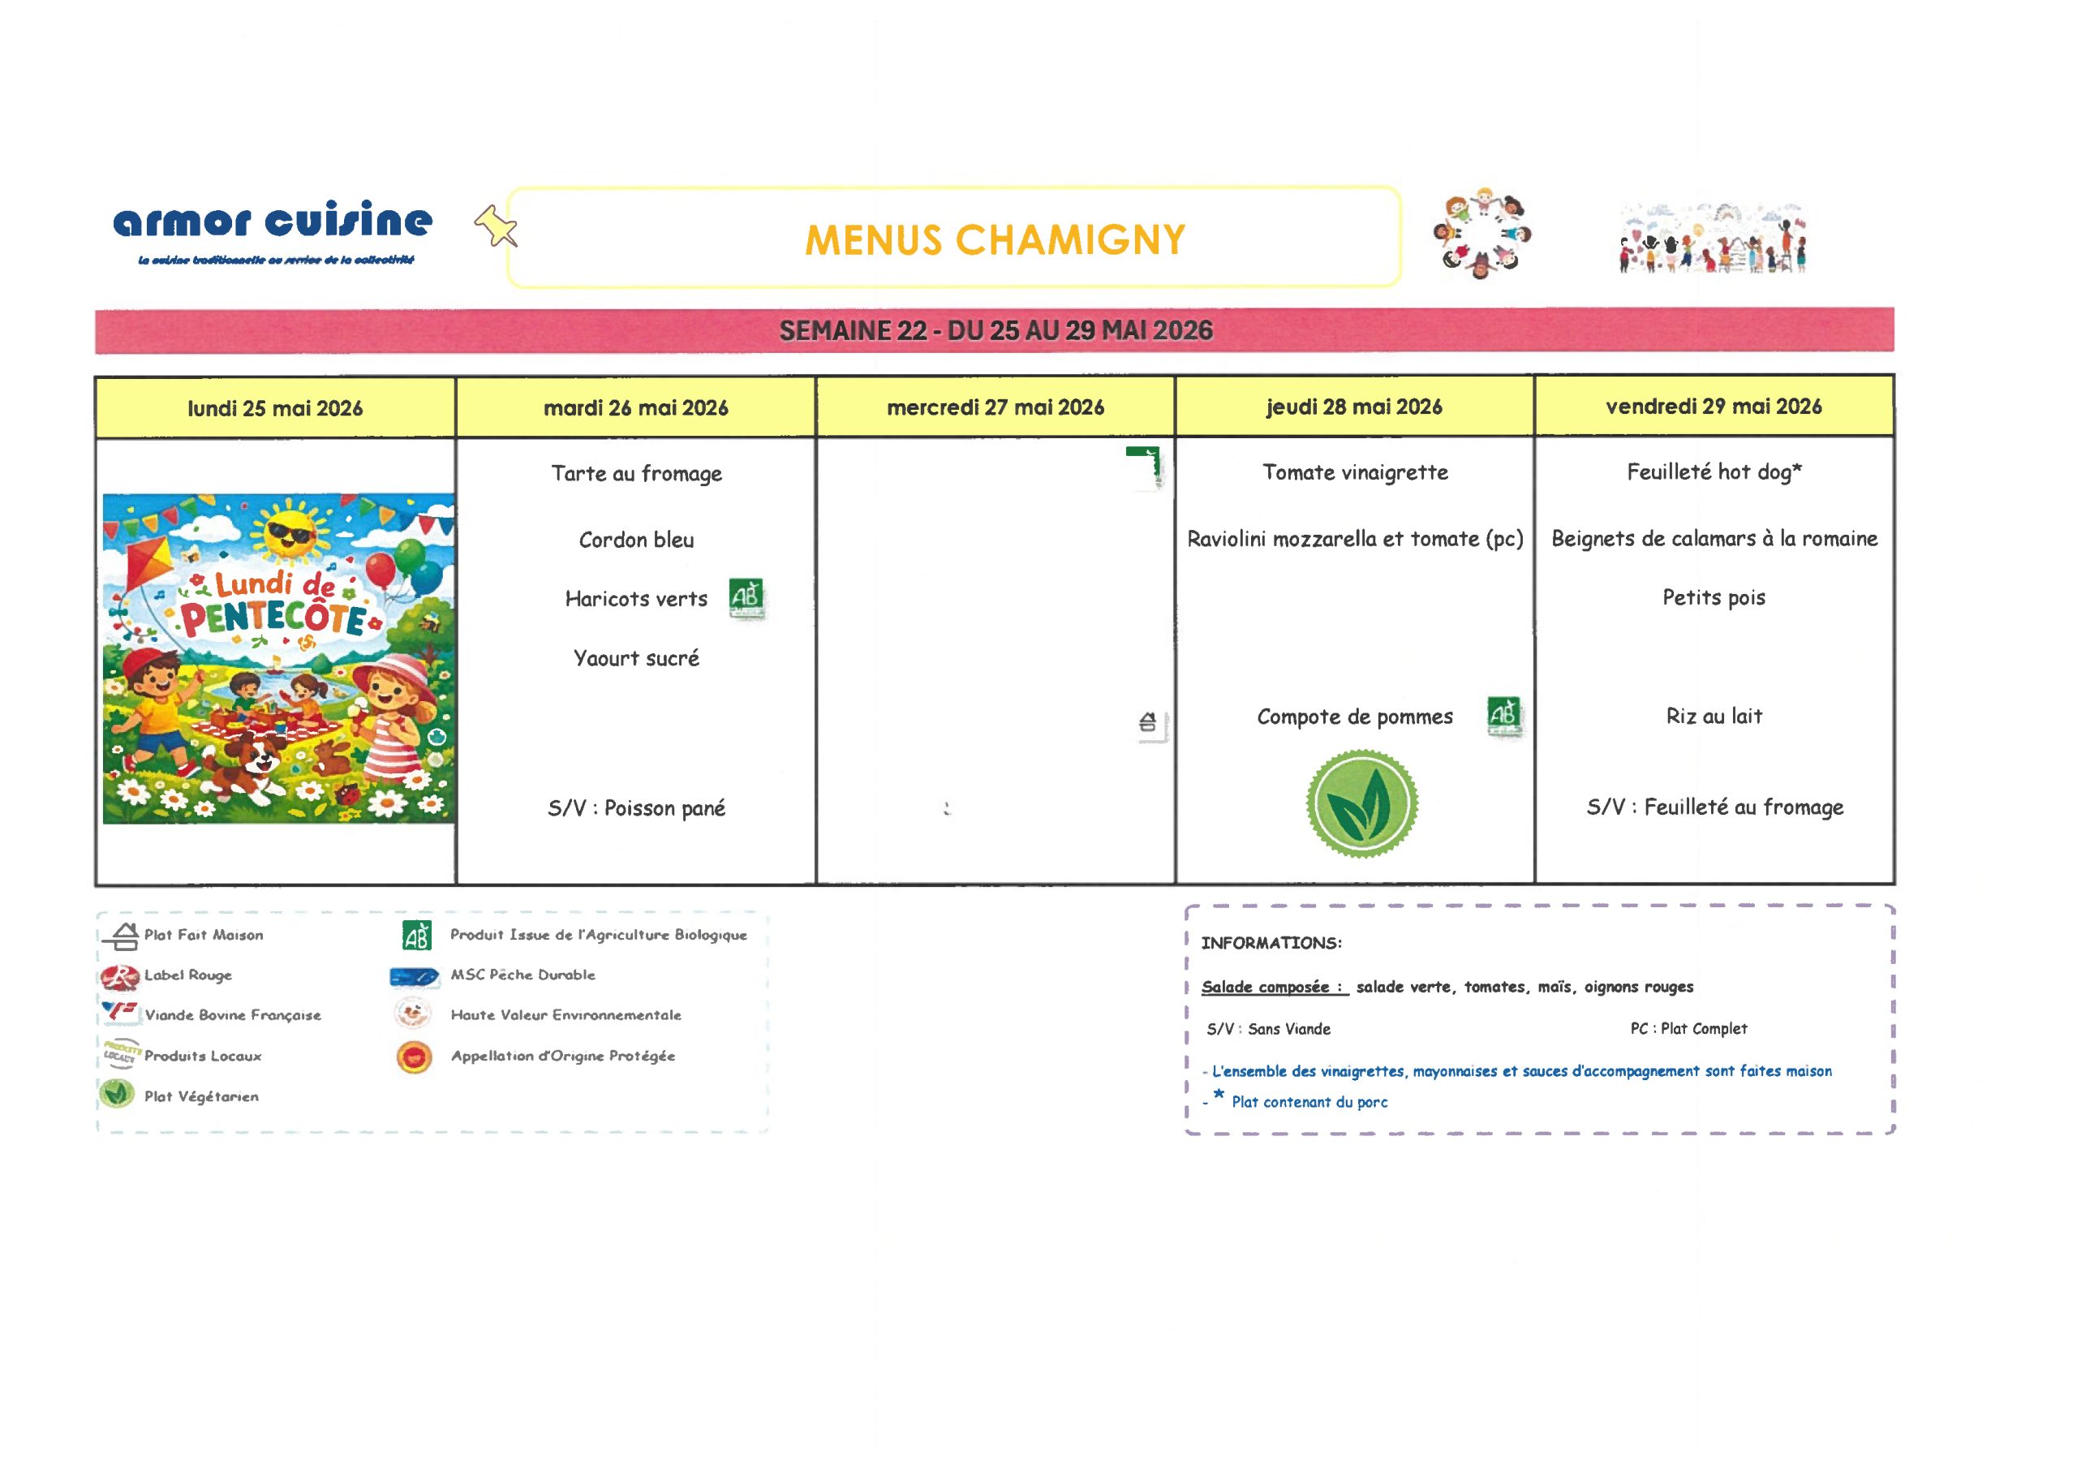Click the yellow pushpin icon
496,226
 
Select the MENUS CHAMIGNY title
994,240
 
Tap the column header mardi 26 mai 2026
636,408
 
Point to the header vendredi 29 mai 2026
1714,407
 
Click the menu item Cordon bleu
636,540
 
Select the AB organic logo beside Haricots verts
746,597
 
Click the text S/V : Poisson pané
636,808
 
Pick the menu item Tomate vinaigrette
1355,472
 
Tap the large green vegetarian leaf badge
1361,803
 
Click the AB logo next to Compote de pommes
1503,716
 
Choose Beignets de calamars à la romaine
1714,540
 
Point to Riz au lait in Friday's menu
1714,717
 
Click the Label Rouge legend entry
187,975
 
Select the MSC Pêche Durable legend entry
522,975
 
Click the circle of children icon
1481,234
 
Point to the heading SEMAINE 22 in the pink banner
852,331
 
